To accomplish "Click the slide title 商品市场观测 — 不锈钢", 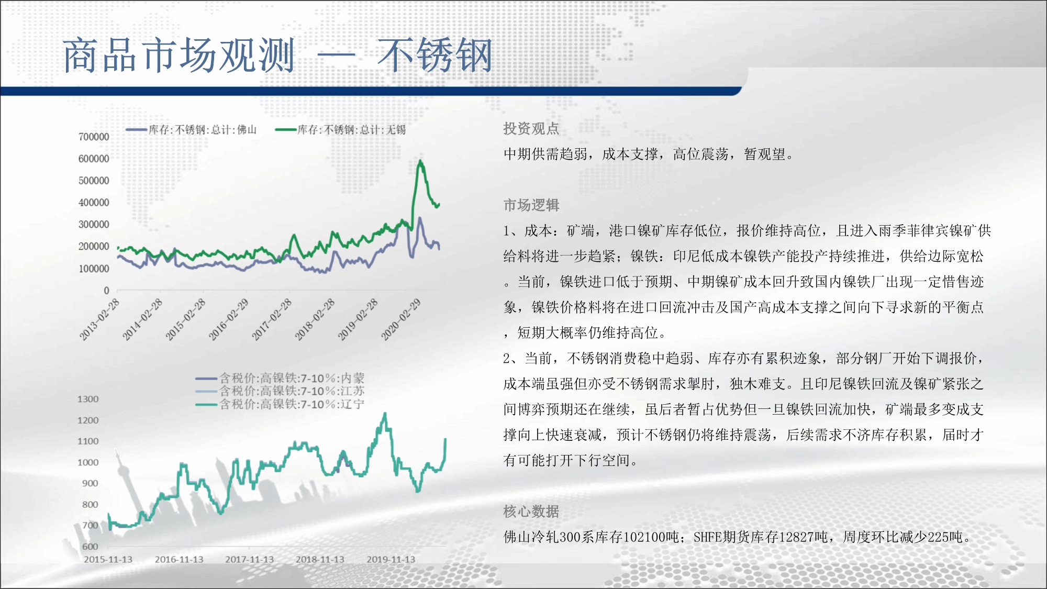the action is coord(278,55).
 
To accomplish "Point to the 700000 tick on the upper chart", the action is coord(94,137).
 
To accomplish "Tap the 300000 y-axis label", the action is coord(94,224).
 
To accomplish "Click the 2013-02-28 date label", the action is coord(99,319).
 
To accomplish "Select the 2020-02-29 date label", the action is coord(401,319).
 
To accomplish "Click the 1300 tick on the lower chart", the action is coord(88,399).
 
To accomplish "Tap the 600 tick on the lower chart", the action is coord(90,546).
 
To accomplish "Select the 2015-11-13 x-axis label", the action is coord(108,559).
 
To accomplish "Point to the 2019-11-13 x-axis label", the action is coord(391,559).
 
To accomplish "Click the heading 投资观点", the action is coord(531,129).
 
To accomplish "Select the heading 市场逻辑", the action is coord(531,205).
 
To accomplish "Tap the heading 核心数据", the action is coord(531,512).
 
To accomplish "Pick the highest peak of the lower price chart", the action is coord(385,413).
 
